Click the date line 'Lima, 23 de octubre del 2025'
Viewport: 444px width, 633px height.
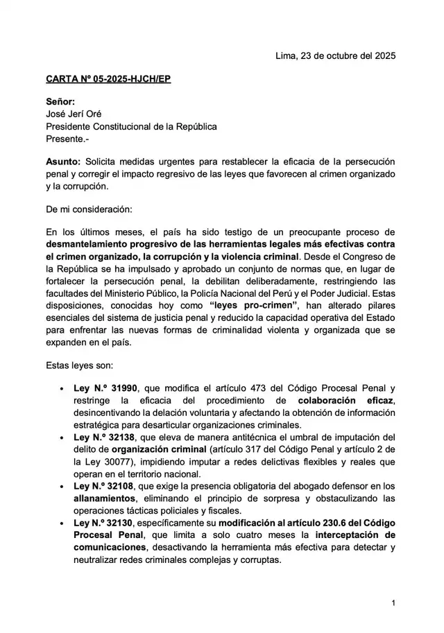(x=335, y=57)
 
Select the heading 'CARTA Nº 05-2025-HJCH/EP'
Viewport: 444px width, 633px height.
(x=108, y=80)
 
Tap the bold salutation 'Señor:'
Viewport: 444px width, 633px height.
(x=60, y=102)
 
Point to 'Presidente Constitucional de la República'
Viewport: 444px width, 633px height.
(x=131, y=127)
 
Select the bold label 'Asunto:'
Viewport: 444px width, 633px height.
(x=63, y=162)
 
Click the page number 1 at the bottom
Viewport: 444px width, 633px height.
(x=393, y=603)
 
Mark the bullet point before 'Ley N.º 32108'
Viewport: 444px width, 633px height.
(x=63, y=487)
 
